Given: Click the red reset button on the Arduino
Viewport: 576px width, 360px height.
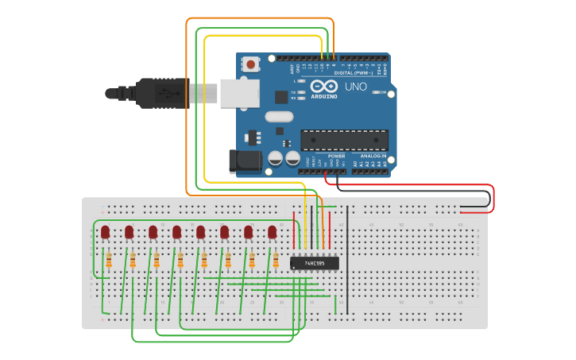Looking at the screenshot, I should (x=251, y=64).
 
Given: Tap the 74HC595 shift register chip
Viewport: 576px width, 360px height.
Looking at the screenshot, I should (x=315, y=263).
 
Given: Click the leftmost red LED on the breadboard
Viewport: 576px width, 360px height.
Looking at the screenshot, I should (x=105, y=231).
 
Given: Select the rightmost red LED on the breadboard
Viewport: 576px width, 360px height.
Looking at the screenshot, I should (x=272, y=231).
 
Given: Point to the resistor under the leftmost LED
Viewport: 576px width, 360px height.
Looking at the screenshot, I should (x=109, y=260).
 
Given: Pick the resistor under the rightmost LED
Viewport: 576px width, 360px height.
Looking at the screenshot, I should (x=276, y=260).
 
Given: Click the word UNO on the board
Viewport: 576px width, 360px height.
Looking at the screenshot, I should (x=356, y=86).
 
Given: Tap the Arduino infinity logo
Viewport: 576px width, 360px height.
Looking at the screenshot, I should (x=323, y=86).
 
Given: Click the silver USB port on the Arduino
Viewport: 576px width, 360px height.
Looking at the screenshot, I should (x=241, y=92).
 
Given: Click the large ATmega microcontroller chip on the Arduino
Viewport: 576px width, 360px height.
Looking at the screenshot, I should (x=344, y=140).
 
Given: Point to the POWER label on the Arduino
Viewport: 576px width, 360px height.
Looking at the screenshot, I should (x=336, y=156).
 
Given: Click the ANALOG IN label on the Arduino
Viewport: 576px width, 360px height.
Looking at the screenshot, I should (x=372, y=156).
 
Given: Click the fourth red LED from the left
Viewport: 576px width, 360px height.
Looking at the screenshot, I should (x=176, y=231).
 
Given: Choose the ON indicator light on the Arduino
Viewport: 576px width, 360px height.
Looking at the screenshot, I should (x=376, y=92).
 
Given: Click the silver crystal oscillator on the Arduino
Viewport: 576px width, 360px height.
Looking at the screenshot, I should (x=279, y=117).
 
